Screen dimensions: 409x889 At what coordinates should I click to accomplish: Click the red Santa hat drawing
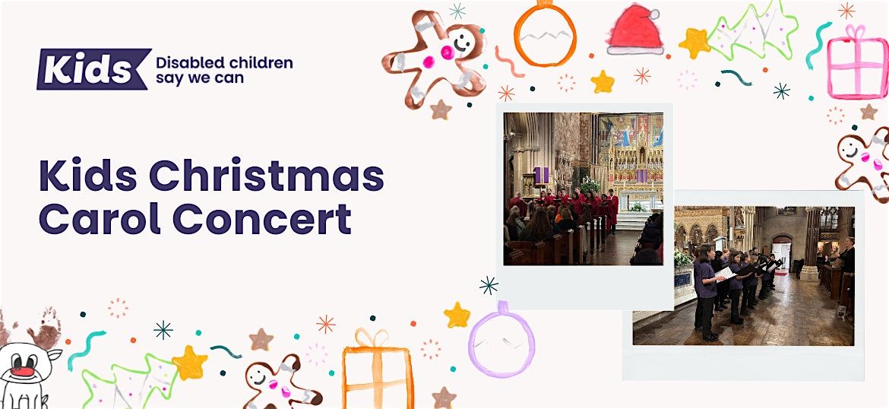635,30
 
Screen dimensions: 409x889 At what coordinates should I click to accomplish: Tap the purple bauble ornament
501,341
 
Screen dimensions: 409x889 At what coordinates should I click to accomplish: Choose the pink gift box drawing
857,65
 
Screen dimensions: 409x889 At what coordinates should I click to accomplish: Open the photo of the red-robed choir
583,189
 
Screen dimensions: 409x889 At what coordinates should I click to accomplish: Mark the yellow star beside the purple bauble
457,315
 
